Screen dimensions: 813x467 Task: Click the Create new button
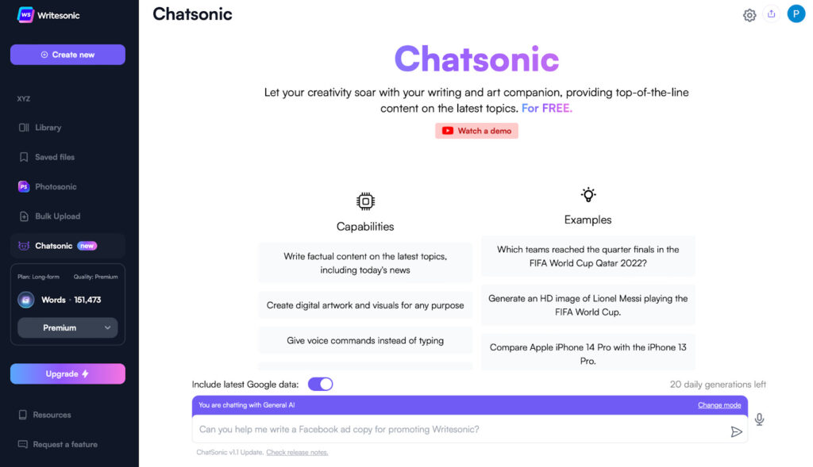click(67, 55)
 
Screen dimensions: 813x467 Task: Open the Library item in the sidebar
click(40, 128)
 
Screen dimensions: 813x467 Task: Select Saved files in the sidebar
click(47, 157)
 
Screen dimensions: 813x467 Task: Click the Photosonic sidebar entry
click(47, 186)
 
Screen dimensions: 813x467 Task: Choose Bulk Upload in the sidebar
click(49, 216)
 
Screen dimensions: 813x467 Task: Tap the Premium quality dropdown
click(67, 327)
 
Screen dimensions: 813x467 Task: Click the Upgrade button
click(67, 373)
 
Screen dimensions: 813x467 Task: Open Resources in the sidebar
click(44, 415)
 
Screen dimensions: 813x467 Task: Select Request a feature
click(57, 444)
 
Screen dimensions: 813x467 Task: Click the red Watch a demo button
click(476, 131)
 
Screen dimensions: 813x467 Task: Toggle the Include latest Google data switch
click(321, 385)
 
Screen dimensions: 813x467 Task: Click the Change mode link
click(719, 405)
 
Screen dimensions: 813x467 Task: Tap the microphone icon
click(759, 419)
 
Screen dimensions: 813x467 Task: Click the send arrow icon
click(736, 432)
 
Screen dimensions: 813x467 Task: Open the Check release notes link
click(297, 453)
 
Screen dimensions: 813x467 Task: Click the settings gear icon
click(749, 15)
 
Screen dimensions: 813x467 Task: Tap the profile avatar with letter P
click(796, 14)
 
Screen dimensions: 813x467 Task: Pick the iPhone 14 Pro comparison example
click(588, 354)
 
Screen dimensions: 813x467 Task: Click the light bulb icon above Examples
click(588, 195)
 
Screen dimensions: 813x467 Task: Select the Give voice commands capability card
click(365, 341)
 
